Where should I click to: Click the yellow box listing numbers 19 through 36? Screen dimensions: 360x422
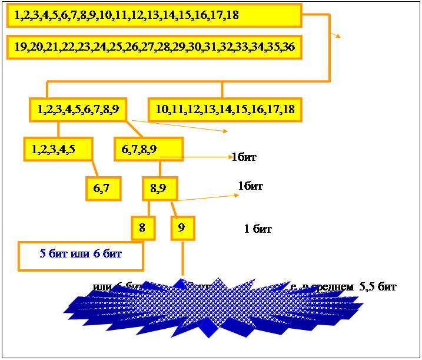click(x=154, y=47)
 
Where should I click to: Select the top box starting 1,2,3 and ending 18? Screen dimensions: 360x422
click(x=154, y=15)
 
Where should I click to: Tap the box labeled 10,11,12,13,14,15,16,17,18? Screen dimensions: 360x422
click(x=225, y=109)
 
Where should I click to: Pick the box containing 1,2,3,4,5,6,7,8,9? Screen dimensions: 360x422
click(x=79, y=109)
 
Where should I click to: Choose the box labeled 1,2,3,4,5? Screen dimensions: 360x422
click(x=58, y=149)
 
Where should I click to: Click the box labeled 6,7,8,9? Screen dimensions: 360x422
click(x=148, y=149)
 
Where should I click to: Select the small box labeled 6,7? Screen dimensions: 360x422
click(x=102, y=189)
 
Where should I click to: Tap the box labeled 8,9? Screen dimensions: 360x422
click(x=158, y=189)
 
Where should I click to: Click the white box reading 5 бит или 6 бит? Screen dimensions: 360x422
click(x=81, y=255)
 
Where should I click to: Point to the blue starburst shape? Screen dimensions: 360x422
click(x=212, y=309)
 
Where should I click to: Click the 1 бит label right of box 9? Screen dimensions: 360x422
click(x=258, y=229)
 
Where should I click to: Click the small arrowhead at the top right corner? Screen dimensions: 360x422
click(x=338, y=36)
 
